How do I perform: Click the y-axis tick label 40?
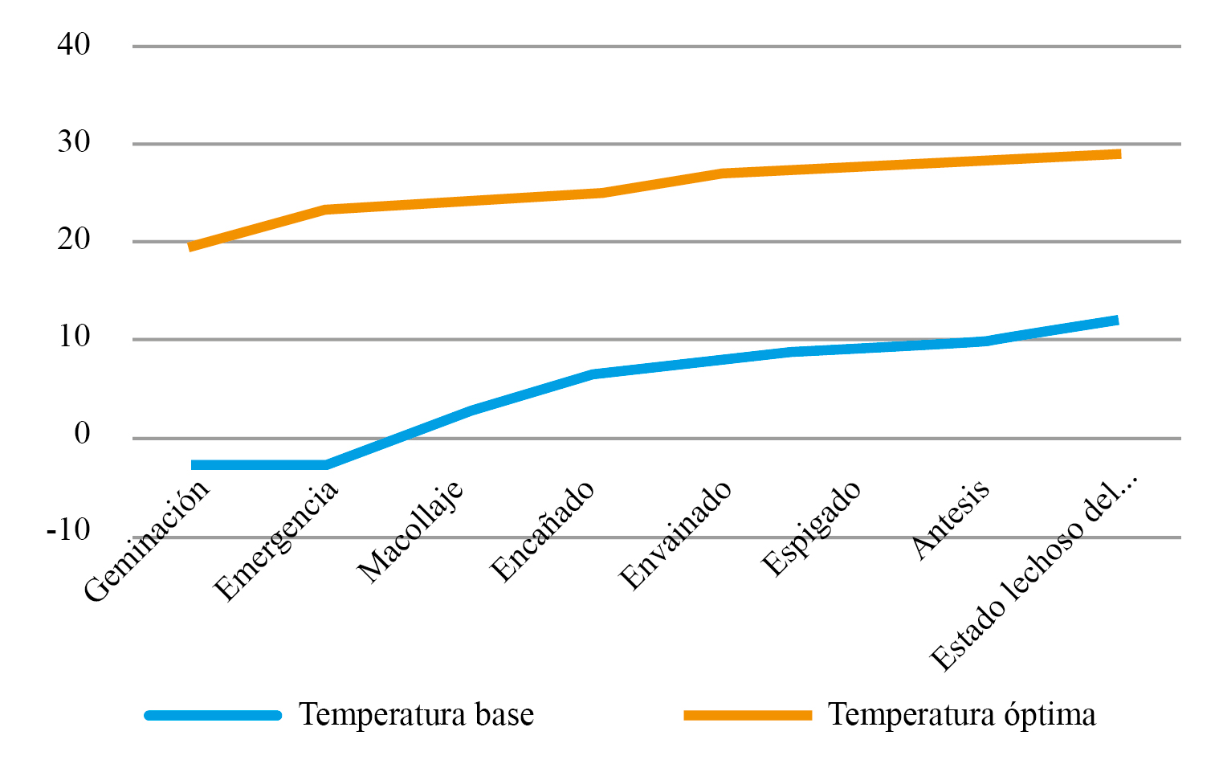click(74, 44)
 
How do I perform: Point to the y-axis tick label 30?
click(74, 142)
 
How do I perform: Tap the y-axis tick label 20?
click(74, 239)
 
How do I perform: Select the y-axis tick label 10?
click(74, 337)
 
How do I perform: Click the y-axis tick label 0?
click(82, 435)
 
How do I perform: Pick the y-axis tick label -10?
click(68, 531)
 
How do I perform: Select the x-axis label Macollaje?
click(410, 531)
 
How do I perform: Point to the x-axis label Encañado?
click(543, 531)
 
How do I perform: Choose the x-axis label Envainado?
click(676, 535)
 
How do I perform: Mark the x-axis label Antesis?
click(951, 520)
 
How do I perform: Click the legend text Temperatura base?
click(416, 714)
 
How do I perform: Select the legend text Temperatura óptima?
click(961, 714)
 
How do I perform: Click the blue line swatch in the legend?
click(213, 715)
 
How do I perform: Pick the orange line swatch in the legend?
click(748, 715)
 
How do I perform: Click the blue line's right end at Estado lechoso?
click(1116, 321)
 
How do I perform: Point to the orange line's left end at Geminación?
click(190, 247)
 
